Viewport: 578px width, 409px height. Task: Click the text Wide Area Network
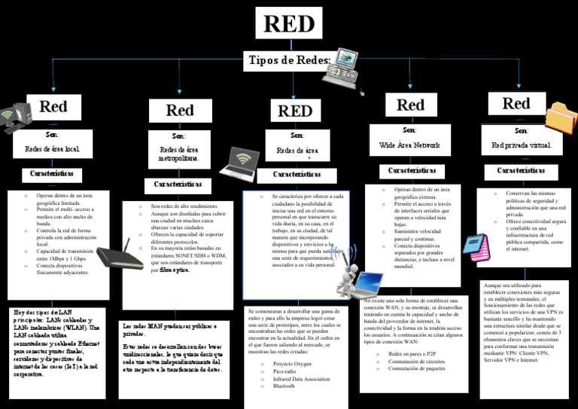click(x=409, y=144)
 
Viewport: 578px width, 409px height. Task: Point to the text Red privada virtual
click(x=521, y=145)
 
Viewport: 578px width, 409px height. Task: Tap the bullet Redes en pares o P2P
click(x=412, y=353)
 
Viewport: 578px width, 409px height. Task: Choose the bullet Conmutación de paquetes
click(x=416, y=368)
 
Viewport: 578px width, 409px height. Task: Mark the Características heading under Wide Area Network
click(x=412, y=171)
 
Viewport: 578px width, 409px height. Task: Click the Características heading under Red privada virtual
click(x=522, y=171)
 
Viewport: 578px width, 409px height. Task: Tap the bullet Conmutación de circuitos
click(x=416, y=361)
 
